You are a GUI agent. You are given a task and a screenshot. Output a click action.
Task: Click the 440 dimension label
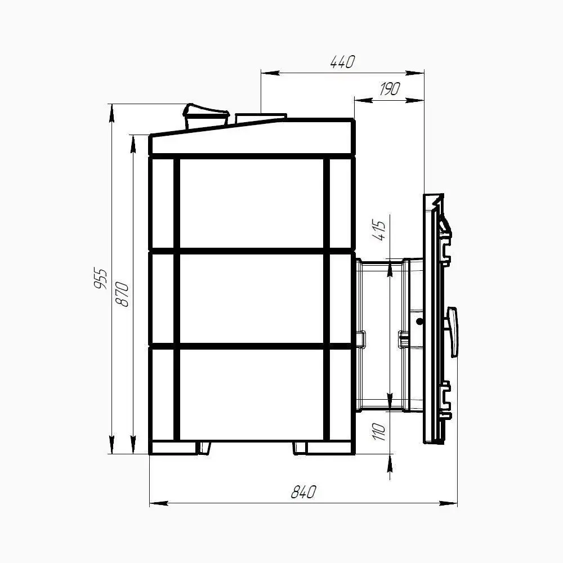[x=342, y=62]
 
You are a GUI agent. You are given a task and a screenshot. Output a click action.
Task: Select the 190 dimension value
[x=390, y=89]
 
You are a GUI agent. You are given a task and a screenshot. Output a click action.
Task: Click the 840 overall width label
[x=303, y=492]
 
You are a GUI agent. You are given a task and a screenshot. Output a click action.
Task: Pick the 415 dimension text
[x=379, y=230]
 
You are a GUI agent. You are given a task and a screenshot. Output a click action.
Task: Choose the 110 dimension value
[x=379, y=432]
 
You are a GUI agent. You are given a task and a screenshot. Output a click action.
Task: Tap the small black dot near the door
[x=419, y=321]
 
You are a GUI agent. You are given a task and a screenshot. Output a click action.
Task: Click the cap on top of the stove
[x=205, y=115]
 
